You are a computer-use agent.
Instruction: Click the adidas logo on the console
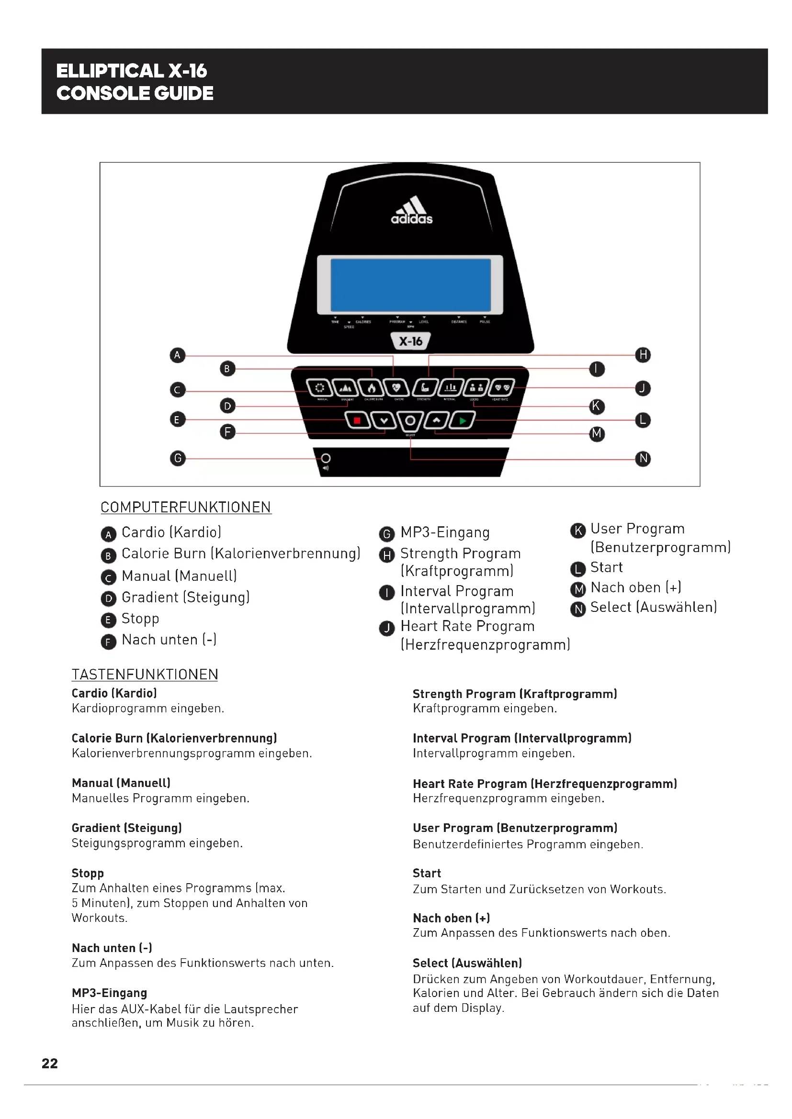pos(412,211)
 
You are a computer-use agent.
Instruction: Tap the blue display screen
pos(411,285)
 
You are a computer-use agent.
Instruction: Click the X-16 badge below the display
pos(411,341)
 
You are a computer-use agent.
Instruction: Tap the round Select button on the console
pos(410,421)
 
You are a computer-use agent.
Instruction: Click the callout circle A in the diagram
pos(178,355)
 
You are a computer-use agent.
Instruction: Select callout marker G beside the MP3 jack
pos(178,458)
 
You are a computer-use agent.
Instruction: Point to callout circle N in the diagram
pos(643,459)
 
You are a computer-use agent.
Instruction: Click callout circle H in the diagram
pos(643,355)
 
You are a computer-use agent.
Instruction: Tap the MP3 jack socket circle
pos(326,458)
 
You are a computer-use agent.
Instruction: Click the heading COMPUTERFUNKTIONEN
pos(186,507)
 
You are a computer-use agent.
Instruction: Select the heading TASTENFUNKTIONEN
pos(145,675)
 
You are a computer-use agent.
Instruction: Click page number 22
pos(50,1064)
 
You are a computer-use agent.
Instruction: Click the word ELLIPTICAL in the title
pos(110,71)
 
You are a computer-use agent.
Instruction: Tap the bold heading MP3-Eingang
pos(109,993)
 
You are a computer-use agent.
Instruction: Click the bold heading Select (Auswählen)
pos(467,963)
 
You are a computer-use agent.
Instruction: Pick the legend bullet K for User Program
pos(578,530)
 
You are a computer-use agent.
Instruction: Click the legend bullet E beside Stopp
pos(108,620)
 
